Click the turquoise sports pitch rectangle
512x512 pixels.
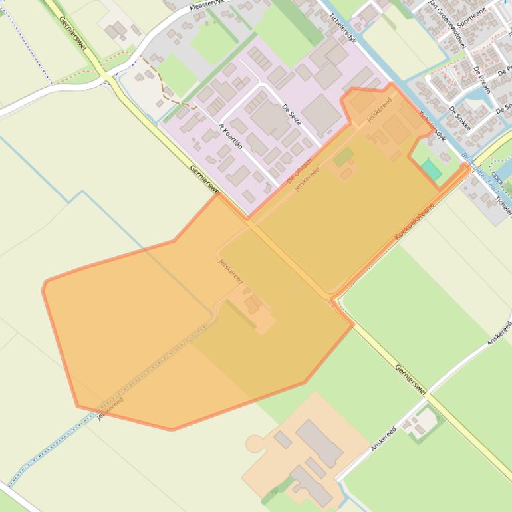(431, 169)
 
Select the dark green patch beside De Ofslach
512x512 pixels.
(344, 158)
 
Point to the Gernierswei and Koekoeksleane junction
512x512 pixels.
(332, 298)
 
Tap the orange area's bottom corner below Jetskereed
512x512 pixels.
(171, 429)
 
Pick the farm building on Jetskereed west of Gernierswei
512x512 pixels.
(253, 305)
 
